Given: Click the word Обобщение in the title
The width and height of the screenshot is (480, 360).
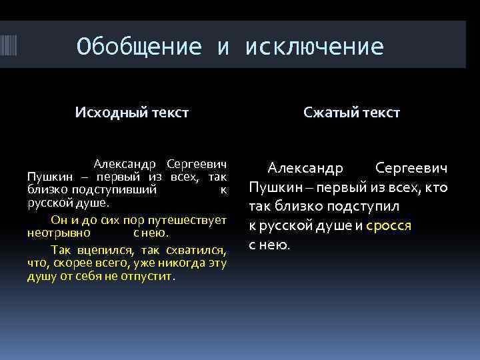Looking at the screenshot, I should tap(139, 47).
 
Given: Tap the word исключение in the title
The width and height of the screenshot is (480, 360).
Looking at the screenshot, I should tap(314, 47).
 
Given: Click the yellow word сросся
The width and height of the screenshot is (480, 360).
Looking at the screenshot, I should tap(389, 225).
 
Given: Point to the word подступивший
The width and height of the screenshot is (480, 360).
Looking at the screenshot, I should tap(117, 189).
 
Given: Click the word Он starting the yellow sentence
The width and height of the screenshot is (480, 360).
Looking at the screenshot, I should tap(59, 221).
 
